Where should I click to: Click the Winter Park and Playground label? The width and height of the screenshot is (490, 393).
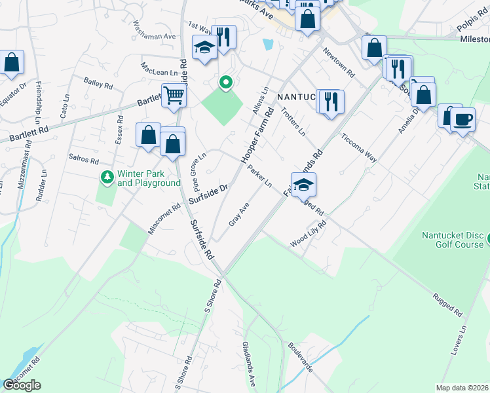[149, 179]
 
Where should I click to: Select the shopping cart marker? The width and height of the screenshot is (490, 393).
[174, 96]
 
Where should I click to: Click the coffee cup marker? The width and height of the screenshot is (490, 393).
[463, 120]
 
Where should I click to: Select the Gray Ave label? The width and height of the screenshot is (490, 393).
[239, 215]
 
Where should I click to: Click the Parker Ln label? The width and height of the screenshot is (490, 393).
[259, 176]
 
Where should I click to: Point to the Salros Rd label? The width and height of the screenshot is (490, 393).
[83, 160]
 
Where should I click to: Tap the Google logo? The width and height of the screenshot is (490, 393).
[22, 385]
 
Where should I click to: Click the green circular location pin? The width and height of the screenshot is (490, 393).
[226, 83]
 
